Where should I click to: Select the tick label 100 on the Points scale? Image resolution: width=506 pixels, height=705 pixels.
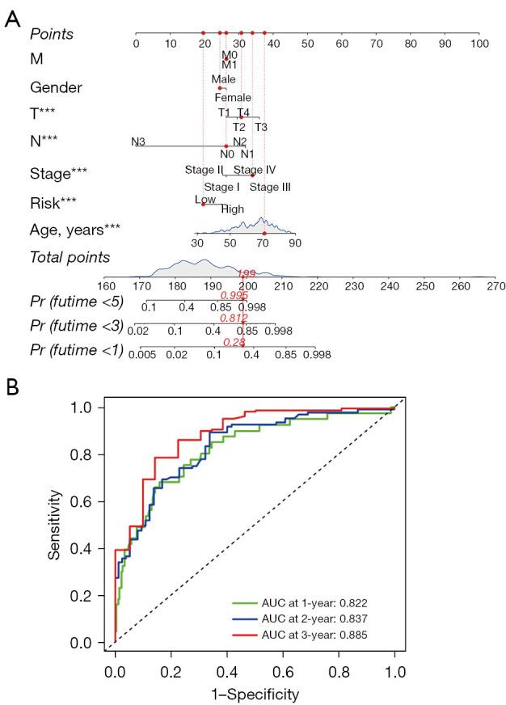(x=479, y=43)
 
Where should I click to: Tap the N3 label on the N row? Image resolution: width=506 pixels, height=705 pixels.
(x=138, y=142)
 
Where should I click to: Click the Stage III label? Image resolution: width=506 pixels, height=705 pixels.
(x=270, y=187)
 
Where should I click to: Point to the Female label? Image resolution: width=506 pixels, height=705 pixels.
(x=233, y=98)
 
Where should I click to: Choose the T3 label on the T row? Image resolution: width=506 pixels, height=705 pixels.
(x=261, y=127)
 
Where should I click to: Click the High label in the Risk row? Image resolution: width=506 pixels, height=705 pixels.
(x=233, y=209)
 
